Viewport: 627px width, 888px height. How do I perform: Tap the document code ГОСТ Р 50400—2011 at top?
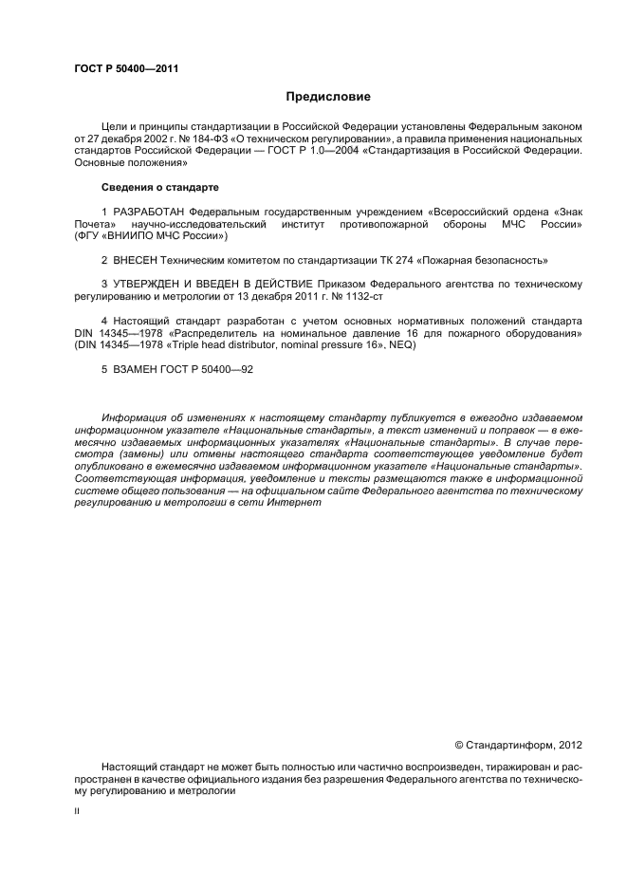point(126,68)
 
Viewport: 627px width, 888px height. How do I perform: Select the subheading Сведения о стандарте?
point(159,188)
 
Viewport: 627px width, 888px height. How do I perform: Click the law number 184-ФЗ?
point(190,139)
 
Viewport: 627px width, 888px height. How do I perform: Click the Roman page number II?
point(77,811)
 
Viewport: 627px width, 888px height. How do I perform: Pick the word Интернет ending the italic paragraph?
point(298,503)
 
